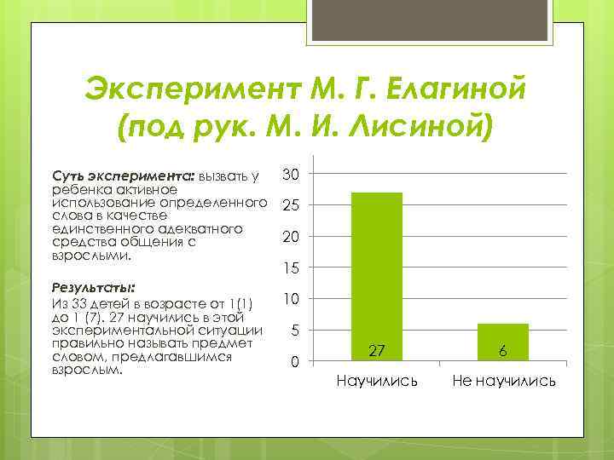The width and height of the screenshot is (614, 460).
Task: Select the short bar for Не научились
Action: coord(503,342)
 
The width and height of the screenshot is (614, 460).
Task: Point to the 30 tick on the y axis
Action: coord(290,175)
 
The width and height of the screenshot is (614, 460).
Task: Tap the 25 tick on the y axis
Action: coord(290,206)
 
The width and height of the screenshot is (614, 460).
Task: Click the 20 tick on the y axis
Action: coord(290,238)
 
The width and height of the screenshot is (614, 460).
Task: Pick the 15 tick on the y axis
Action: coord(290,269)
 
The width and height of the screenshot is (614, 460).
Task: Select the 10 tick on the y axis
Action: coord(290,300)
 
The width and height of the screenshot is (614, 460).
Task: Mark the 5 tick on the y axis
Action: coord(293,331)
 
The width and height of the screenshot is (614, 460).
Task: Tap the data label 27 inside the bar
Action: coord(377,350)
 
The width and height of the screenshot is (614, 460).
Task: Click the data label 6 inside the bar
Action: coord(503,350)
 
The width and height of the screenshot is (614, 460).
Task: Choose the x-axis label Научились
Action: coord(377,380)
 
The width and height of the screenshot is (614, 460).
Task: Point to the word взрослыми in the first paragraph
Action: coord(92,255)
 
